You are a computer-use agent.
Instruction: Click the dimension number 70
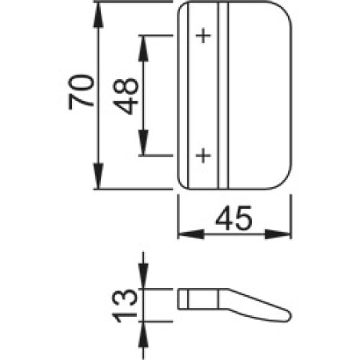tap(82, 92)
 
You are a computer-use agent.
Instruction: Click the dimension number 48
tap(126, 96)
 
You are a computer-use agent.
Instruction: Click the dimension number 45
tap(234, 218)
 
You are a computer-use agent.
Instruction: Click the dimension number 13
tap(125, 306)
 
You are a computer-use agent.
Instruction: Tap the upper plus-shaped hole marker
tap(203, 35)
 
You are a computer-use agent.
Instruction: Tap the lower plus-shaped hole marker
tap(203, 155)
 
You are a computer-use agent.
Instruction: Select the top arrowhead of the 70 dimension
tap(98, 14)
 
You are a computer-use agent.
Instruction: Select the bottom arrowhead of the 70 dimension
tap(98, 176)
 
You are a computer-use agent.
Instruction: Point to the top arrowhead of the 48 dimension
tap(143, 49)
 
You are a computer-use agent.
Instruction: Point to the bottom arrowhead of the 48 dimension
tap(143, 142)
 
